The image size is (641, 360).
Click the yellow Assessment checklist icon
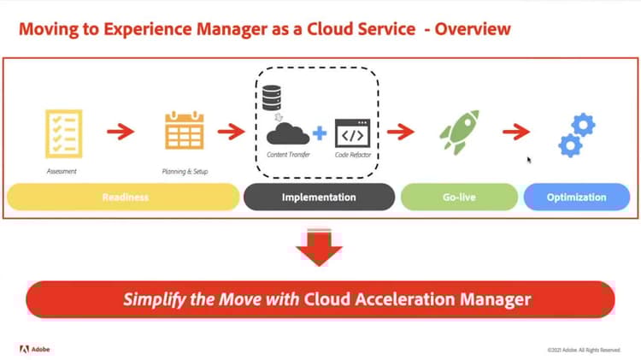[63, 133]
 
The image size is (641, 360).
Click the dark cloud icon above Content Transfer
[288, 133]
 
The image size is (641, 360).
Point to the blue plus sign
[320, 133]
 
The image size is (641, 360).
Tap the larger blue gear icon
[581, 126]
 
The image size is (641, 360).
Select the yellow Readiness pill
[124, 197]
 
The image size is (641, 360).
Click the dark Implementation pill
[319, 197]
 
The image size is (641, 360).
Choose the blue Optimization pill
[576, 197]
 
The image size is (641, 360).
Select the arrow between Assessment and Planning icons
[121, 132]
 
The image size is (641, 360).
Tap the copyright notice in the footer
[584, 350]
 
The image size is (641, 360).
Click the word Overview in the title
[473, 29]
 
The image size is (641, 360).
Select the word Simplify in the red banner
[154, 299]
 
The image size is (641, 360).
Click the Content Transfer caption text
[288, 155]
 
